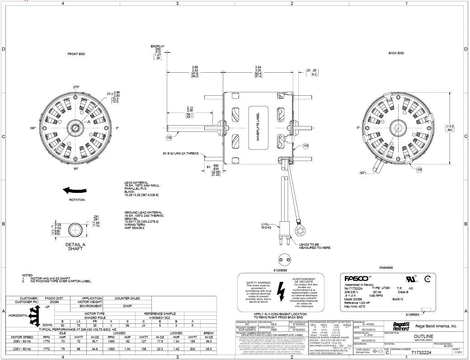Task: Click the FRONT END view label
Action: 76,54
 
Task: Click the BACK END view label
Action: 396,53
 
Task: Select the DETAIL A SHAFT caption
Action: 75,247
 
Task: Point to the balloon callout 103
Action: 305,146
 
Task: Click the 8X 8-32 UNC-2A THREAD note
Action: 181,154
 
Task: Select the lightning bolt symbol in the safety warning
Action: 281,288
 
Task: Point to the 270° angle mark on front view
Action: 76,87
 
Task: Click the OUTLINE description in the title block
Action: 423,336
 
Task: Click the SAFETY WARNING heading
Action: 255,282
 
